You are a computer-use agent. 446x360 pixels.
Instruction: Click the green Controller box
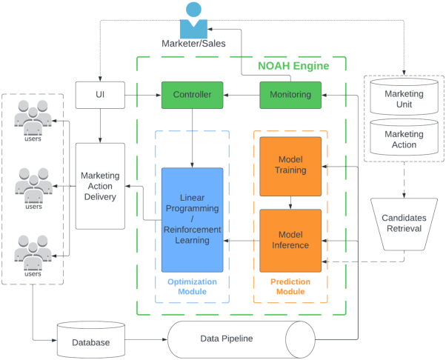[x=192, y=95]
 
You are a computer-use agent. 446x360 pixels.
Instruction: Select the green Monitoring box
[x=290, y=95]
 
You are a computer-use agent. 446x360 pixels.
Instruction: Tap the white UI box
[x=100, y=95]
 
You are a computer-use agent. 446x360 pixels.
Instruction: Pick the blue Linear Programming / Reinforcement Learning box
[x=192, y=219]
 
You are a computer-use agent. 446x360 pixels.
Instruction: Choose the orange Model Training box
[x=290, y=166]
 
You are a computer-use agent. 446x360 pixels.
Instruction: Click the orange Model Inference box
[x=290, y=240]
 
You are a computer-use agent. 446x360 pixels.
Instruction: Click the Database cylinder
[x=91, y=342]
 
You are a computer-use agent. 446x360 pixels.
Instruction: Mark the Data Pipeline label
[x=227, y=339]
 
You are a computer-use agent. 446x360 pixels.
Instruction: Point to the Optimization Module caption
[x=192, y=287]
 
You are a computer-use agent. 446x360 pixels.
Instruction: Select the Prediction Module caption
[x=290, y=287]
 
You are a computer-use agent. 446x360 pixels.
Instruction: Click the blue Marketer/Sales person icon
[x=193, y=21]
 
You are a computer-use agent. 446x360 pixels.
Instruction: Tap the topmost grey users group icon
[x=33, y=119]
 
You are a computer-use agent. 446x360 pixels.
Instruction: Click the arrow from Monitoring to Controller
[x=241, y=95]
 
